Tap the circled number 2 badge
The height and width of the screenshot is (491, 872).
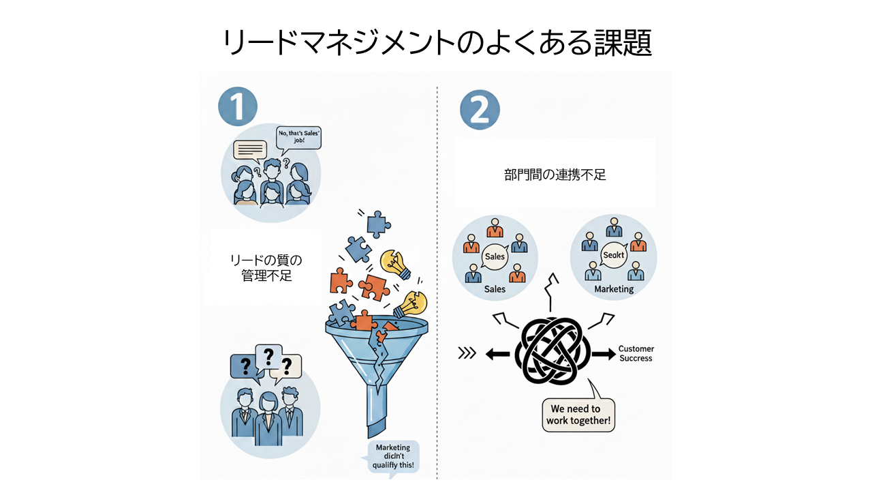[480, 110]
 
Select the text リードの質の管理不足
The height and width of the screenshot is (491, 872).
[265, 268]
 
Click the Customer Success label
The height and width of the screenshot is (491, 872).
[635, 354]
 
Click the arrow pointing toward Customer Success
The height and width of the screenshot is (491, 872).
[602, 354]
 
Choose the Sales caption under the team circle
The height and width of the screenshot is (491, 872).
[495, 289]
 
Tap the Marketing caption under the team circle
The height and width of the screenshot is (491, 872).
[614, 289]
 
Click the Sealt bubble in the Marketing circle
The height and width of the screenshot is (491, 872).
[614, 255]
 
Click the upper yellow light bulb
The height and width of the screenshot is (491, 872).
[396, 263]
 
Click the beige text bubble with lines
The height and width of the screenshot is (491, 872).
[250, 149]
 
